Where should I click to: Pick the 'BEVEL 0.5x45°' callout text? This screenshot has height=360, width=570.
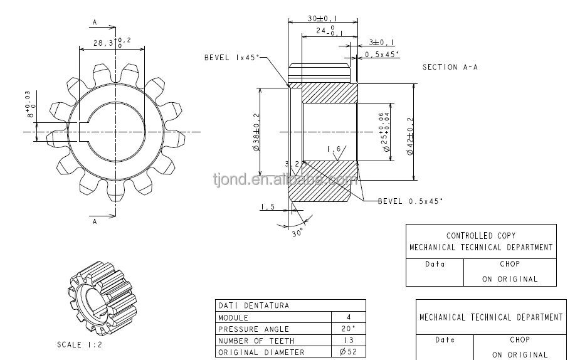(410, 201)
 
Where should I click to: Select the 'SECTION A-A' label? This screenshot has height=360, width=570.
(450, 67)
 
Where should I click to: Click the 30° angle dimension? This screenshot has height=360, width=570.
(297, 231)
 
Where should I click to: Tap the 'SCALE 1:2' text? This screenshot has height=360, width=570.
(80, 345)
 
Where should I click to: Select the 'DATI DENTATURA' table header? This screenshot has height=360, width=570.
(253, 305)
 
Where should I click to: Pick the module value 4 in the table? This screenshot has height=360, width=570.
(349, 317)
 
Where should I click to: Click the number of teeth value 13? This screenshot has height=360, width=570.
(349, 341)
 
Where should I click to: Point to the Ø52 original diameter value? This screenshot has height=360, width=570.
(349, 352)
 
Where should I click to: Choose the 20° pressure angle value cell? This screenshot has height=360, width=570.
(349, 329)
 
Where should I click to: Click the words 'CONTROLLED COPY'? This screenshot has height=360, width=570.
(481, 236)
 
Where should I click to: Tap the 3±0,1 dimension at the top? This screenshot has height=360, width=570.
(381, 42)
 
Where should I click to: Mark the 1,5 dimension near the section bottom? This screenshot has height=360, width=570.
(268, 206)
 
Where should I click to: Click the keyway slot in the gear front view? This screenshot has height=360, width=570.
(87, 132)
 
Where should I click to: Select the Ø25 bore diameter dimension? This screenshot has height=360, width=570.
(384, 132)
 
